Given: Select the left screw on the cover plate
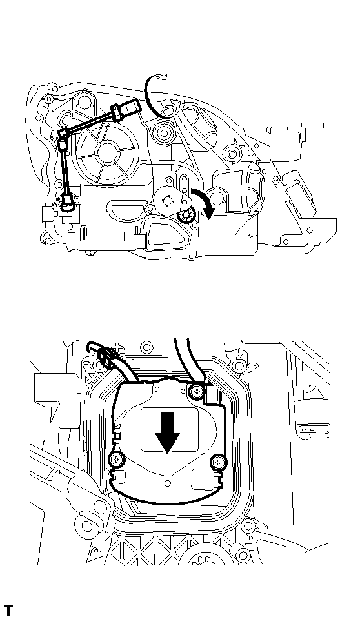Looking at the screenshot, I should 117,460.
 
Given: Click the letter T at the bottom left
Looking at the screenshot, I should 8,610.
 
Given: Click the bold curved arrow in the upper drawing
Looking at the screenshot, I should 205,203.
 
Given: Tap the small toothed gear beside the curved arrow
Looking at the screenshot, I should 187,216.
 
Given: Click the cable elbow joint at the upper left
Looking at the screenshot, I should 64,134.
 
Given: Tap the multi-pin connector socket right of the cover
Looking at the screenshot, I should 314,431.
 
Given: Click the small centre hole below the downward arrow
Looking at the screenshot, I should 167,482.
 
